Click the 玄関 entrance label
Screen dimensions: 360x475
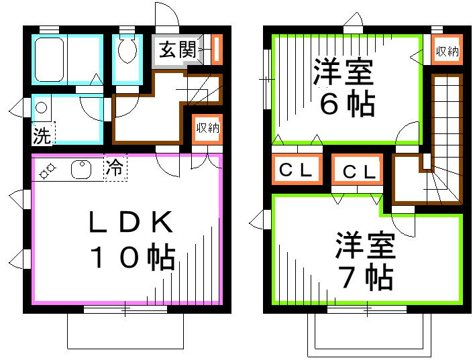pos(178,50)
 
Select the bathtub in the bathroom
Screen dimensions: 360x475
pos(50,60)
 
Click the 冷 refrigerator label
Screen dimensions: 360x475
pos(115,168)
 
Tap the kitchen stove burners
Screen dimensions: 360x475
pos(48,172)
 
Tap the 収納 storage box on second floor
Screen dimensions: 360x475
pos(445,51)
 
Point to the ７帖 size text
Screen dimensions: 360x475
pos(366,277)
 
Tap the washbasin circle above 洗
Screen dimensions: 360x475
pos(42,108)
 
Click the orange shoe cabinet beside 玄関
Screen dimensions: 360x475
pos(217,49)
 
